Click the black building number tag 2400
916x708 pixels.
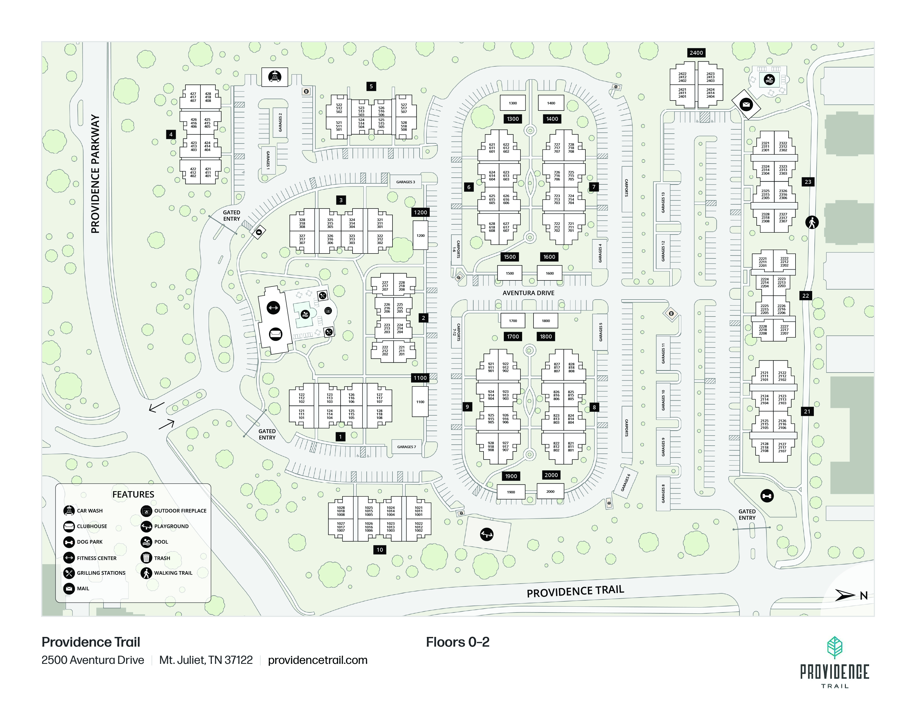696,53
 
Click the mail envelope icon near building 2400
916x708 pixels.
746,104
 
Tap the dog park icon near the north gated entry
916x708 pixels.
767,496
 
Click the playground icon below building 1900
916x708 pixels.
487,534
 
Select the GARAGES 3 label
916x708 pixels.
406,182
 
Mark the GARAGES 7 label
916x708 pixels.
406,447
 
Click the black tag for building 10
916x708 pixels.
379,549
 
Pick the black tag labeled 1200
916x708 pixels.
420,212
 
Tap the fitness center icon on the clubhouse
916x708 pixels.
273,308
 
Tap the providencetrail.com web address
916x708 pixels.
318,660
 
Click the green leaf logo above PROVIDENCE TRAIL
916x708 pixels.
835,647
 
